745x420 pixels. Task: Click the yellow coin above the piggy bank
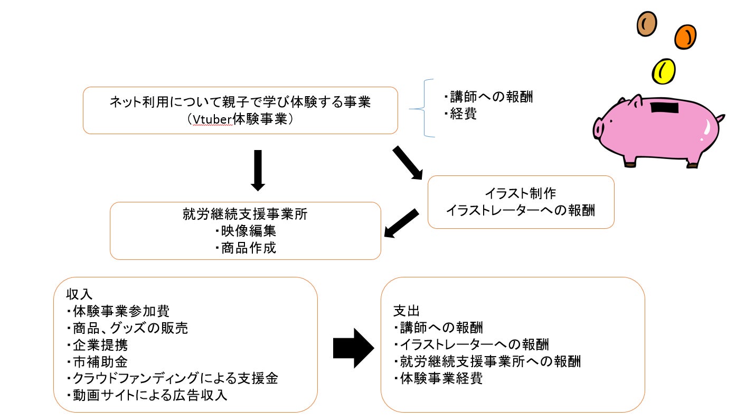(664, 71)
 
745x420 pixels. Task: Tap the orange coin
(685, 36)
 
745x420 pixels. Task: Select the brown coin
(647, 23)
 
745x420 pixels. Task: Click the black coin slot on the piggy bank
(665, 108)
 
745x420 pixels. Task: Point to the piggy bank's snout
(599, 127)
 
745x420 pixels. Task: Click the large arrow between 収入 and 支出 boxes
(353, 348)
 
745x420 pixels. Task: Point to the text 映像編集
(246, 231)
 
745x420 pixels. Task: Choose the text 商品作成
(246, 248)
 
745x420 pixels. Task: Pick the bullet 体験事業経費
(438, 379)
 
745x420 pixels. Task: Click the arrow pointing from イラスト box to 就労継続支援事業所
(401, 223)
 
